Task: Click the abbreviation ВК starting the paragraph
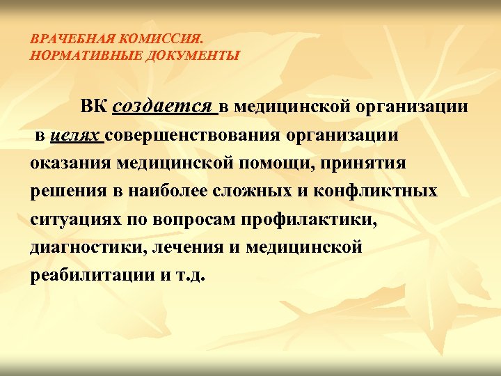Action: pyautogui.click(x=93, y=107)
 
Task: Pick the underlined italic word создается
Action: pyautogui.click(x=162, y=107)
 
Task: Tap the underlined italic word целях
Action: pyautogui.click(x=76, y=136)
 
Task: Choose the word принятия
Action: pyautogui.click(x=328, y=164)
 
